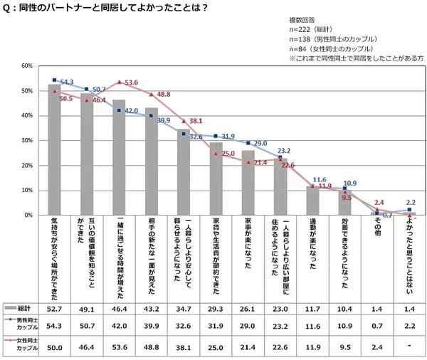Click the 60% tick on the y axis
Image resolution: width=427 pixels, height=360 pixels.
click(26, 66)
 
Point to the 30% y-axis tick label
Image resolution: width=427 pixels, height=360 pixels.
click(26, 141)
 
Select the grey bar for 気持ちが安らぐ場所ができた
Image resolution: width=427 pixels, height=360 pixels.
click(54, 149)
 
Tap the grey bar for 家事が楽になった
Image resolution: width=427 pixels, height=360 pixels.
click(248, 183)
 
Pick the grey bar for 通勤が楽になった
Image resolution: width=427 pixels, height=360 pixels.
click(313, 201)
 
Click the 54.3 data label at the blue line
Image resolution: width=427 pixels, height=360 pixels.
click(68, 83)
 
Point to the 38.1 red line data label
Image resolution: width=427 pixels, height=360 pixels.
click(196, 121)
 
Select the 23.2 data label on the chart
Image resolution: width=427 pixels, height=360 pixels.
click(291, 152)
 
